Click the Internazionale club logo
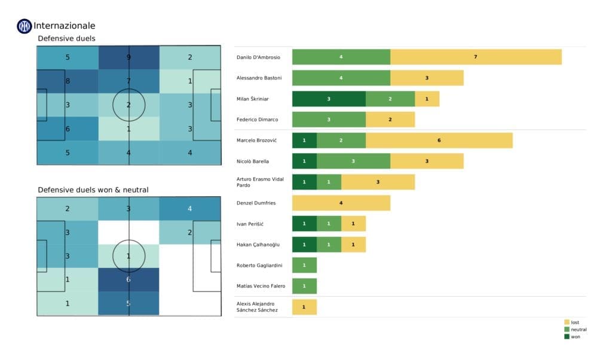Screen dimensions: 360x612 [x=24, y=26]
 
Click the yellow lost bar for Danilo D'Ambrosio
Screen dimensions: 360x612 [x=476, y=57]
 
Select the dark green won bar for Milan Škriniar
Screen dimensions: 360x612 [x=329, y=99]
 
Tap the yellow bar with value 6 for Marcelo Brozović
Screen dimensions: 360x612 [x=439, y=140]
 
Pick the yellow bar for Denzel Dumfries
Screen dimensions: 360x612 [x=341, y=203]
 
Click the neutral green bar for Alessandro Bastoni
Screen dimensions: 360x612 [x=341, y=78]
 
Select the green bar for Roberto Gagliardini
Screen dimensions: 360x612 [x=304, y=265]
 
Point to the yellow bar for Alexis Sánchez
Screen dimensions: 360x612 [x=304, y=307]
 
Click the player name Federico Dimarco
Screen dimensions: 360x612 [x=258, y=120]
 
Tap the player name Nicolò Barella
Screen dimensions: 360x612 [x=253, y=161]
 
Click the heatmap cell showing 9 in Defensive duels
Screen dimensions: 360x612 [x=128, y=58]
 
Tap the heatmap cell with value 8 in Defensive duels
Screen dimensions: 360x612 [x=68, y=81]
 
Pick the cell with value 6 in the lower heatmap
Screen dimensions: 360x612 [x=128, y=279]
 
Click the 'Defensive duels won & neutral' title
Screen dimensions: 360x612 [x=93, y=190]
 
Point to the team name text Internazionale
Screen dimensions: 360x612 [x=65, y=26]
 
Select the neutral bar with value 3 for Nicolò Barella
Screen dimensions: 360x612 [x=353, y=161]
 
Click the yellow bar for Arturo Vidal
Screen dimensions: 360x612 [x=378, y=182]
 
